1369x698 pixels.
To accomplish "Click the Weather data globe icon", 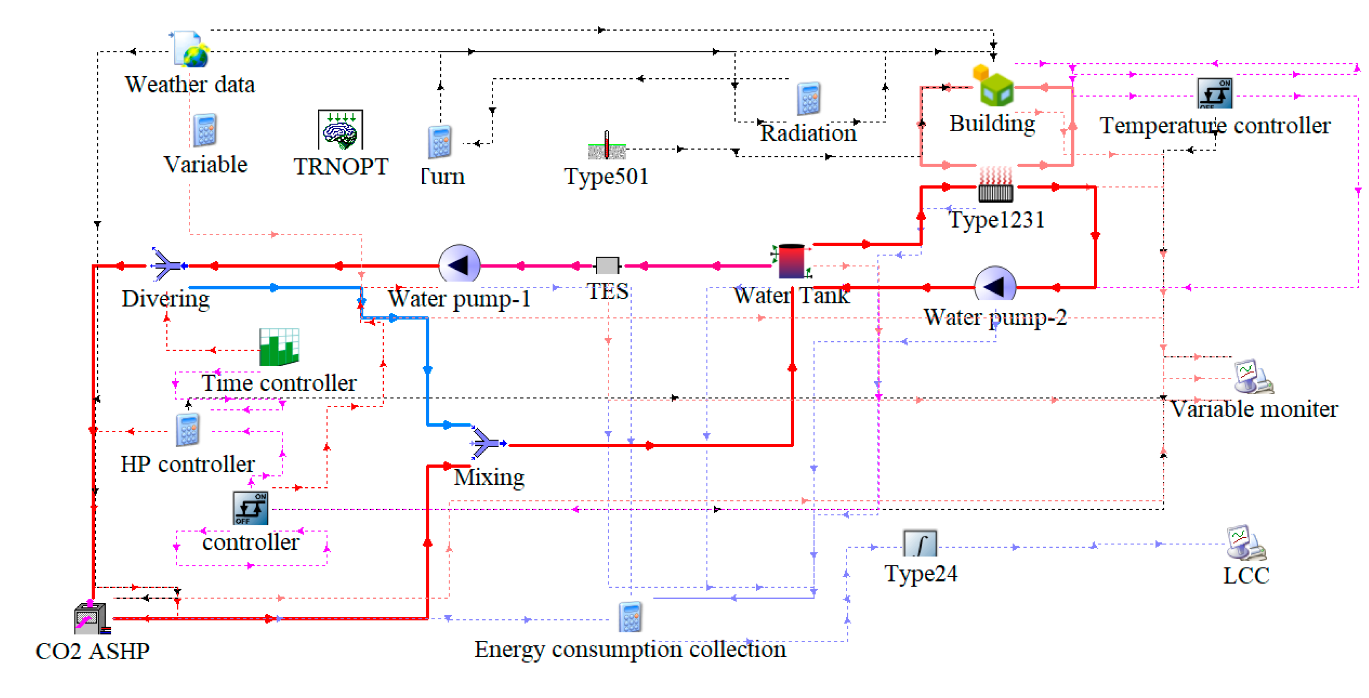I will [x=190, y=50].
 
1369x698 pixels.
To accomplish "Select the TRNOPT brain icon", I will [x=340, y=130].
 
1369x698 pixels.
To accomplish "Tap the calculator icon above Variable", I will [x=205, y=130].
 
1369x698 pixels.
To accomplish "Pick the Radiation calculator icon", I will [x=808, y=99].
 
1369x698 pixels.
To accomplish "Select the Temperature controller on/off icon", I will [x=1215, y=93].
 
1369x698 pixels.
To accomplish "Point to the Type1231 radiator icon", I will [x=995, y=186].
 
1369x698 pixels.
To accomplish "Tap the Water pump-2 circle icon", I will [x=995, y=286].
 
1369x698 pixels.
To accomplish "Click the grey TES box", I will [x=607, y=265].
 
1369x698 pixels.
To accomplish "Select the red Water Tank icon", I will [x=791, y=261].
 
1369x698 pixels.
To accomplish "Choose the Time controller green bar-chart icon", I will [x=279, y=347].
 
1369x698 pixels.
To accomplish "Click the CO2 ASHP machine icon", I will [x=91, y=619].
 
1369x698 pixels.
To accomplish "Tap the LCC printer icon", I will [x=1246, y=543].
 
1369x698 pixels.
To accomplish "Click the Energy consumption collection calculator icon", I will [x=630, y=617].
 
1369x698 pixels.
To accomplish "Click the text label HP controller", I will [x=187, y=464].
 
